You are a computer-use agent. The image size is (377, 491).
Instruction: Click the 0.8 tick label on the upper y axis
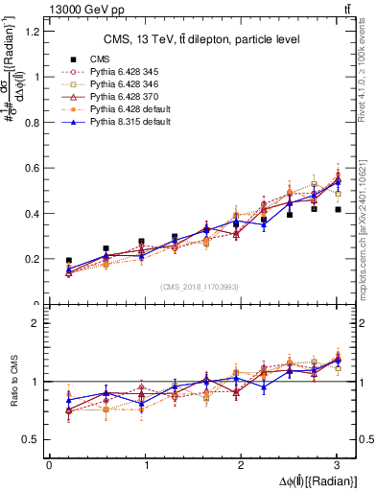[x=33, y=122]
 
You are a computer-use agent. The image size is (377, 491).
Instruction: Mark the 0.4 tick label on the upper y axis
[x=33, y=213]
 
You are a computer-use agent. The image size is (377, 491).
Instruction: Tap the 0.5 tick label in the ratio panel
[x=33, y=439]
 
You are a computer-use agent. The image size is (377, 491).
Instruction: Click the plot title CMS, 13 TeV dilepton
[x=201, y=39]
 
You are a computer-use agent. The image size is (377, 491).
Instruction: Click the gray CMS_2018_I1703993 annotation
[x=201, y=287]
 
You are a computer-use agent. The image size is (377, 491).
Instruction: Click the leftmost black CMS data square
[x=68, y=260]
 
